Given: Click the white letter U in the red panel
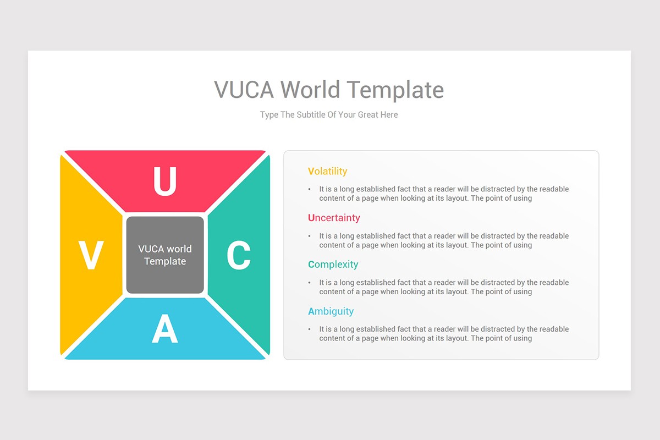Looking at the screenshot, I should tap(164, 181).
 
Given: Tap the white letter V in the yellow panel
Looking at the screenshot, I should tap(91, 256).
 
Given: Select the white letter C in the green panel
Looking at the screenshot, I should tap(239, 256).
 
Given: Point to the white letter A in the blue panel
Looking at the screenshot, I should tap(165, 330).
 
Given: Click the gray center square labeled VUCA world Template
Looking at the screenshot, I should tap(165, 255).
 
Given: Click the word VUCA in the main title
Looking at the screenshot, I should tap(244, 90).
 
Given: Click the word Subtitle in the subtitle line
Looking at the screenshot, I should tap(311, 115).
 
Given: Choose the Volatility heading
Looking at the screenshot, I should tap(328, 171).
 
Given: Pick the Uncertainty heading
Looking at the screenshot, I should tap(334, 218).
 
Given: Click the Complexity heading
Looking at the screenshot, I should tap(333, 265).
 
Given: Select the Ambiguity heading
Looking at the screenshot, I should tap(331, 311).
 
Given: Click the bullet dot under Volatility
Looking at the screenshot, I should tap(310, 189).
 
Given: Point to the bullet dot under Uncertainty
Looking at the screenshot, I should tap(310, 236).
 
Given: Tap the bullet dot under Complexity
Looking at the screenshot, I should tap(310, 283).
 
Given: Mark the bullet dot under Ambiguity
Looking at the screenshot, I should tap(310, 329).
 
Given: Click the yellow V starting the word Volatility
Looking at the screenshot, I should tap(311, 171).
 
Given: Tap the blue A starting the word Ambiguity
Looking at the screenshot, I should tap(311, 311).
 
